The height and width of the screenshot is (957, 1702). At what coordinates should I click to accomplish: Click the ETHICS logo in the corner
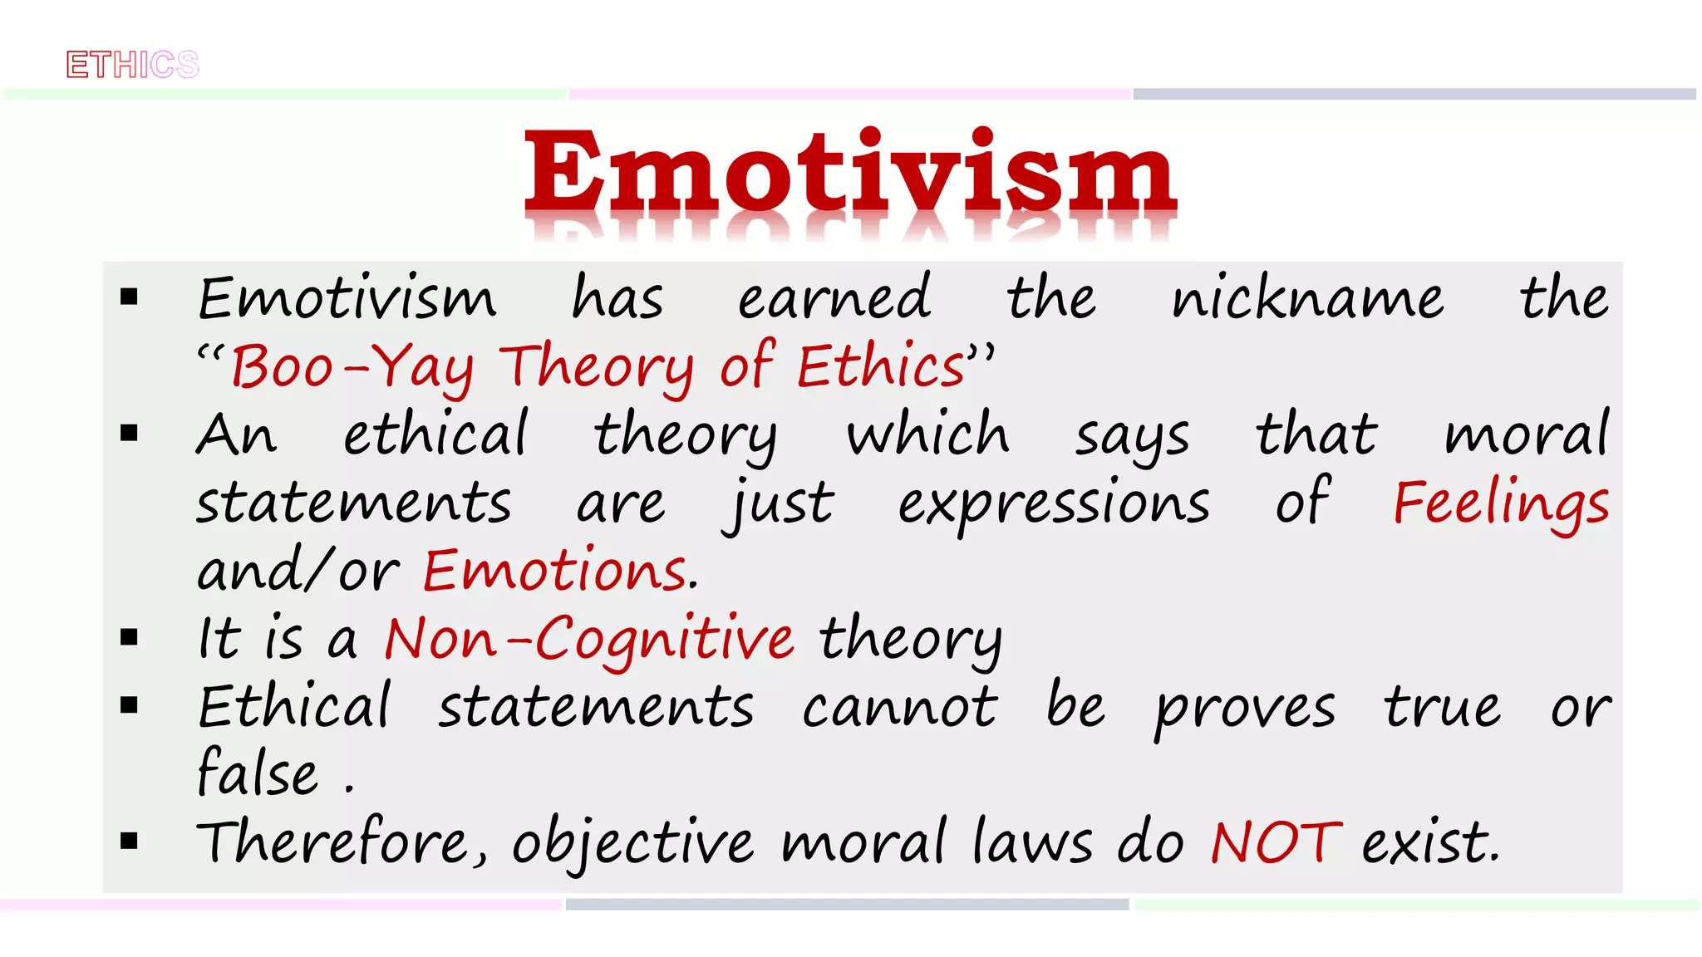click(133, 65)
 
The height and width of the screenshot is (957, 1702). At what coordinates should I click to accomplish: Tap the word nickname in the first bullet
click(1307, 298)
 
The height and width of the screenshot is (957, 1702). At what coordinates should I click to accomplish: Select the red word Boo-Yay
click(352, 367)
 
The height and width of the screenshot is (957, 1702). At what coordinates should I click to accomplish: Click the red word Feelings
click(1501, 503)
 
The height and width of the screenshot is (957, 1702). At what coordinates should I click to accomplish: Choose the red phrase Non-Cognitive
click(589, 640)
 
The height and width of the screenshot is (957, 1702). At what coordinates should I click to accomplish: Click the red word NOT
click(1276, 843)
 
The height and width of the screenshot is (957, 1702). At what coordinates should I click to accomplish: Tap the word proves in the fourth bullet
click(1245, 709)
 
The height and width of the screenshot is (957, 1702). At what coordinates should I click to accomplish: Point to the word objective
click(632, 843)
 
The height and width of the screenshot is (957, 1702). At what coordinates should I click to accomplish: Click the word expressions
click(1054, 503)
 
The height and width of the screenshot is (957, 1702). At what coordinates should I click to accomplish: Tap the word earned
click(834, 298)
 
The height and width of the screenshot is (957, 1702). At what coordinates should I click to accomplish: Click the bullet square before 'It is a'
click(129, 638)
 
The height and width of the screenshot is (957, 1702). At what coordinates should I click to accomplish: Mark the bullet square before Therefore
click(129, 842)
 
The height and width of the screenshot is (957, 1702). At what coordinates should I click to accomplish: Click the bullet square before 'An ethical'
click(129, 433)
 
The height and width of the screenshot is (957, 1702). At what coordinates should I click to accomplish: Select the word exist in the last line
click(1430, 843)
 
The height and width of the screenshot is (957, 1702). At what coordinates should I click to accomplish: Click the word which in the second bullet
click(927, 435)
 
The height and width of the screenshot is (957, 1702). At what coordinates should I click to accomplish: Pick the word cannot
click(899, 709)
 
